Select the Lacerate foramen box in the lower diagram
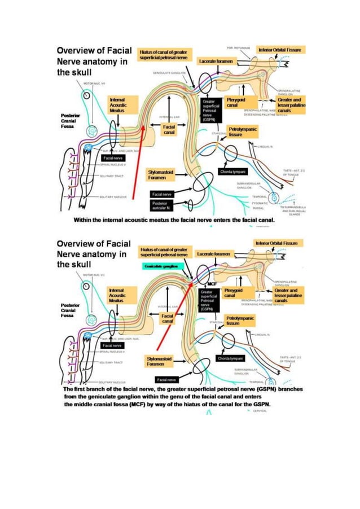(213, 254)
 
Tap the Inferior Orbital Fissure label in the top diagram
(280, 50)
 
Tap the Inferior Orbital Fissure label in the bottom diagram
(279, 243)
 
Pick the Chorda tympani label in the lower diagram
(230, 359)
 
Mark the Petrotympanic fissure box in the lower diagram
(240, 321)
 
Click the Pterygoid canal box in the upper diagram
(232, 103)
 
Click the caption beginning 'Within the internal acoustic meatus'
(170, 218)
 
